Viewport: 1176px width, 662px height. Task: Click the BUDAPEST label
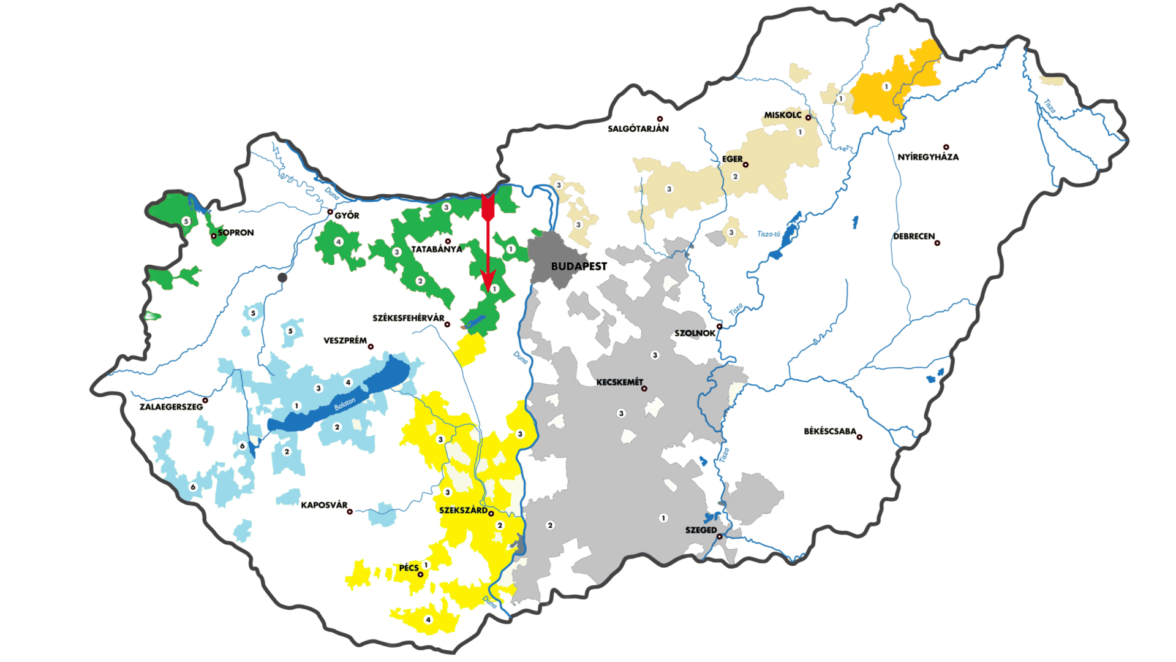tap(579, 266)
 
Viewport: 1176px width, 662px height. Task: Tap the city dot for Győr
tap(330, 212)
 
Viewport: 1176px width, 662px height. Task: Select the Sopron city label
tap(236, 232)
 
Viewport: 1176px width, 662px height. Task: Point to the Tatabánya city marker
tap(448, 241)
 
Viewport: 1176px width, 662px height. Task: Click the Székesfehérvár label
tap(409, 318)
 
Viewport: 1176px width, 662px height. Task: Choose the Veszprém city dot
tap(371, 346)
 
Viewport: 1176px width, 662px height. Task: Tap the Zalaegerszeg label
tap(171, 406)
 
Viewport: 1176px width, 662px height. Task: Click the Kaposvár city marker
tap(350, 511)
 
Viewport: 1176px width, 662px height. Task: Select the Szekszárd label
tap(463, 510)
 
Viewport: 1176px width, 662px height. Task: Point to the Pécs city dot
tap(420, 574)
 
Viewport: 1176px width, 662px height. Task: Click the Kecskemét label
tap(619, 382)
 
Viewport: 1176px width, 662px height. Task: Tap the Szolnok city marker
tap(720, 326)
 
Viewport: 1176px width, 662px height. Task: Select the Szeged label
tap(701, 530)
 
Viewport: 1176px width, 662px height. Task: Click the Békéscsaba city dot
tap(859, 437)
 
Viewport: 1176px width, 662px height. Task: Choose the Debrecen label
tap(914, 236)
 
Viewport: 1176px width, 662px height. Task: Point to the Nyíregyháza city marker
tap(946, 147)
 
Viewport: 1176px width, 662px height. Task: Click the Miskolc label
tap(783, 115)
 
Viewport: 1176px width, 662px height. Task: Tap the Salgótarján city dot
tap(660, 119)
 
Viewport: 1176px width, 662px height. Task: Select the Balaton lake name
tap(344, 405)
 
